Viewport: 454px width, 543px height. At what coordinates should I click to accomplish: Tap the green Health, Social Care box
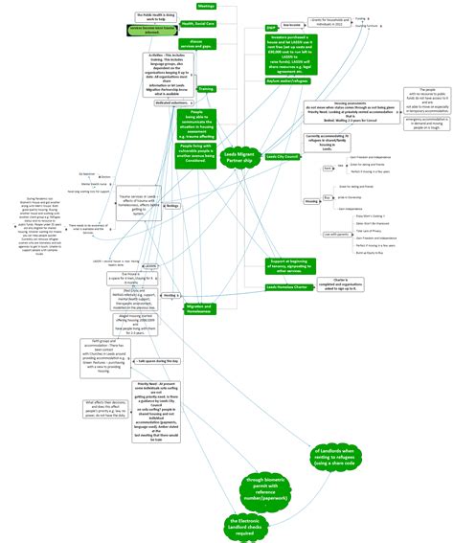[x=202, y=22]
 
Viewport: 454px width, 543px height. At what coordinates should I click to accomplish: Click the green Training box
[x=206, y=88]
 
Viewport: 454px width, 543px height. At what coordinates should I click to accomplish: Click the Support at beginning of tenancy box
[x=291, y=264]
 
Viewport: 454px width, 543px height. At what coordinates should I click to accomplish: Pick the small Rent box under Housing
[x=328, y=167]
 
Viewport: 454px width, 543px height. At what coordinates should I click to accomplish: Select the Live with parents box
[x=336, y=233]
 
